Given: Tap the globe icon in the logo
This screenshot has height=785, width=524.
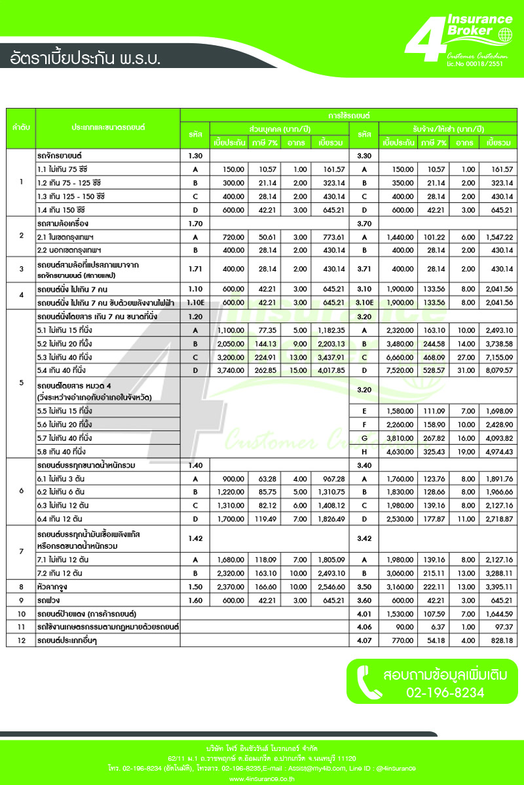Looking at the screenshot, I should [x=505, y=35].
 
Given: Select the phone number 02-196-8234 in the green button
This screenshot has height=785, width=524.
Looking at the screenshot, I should [x=445, y=692].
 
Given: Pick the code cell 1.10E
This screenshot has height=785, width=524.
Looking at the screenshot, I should [x=195, y=303].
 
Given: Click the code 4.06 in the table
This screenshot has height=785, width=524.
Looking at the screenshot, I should [x=364, y=627].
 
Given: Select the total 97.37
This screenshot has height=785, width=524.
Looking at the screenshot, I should [x=499, y=627].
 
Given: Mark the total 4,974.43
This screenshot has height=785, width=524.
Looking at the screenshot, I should [x=499, y=451].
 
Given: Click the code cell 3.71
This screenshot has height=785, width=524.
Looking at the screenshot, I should [x=364, y=269].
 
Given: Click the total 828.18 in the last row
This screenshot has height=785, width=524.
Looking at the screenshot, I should [x=499, y=640].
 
